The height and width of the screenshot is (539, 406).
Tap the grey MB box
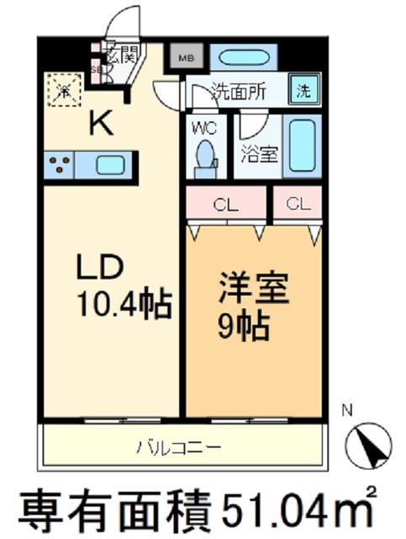[185, 59]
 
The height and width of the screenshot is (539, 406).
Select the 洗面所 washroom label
[239, 91]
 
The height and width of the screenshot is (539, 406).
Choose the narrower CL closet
[296, 203]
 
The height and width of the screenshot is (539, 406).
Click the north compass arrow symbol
[369, 442]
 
